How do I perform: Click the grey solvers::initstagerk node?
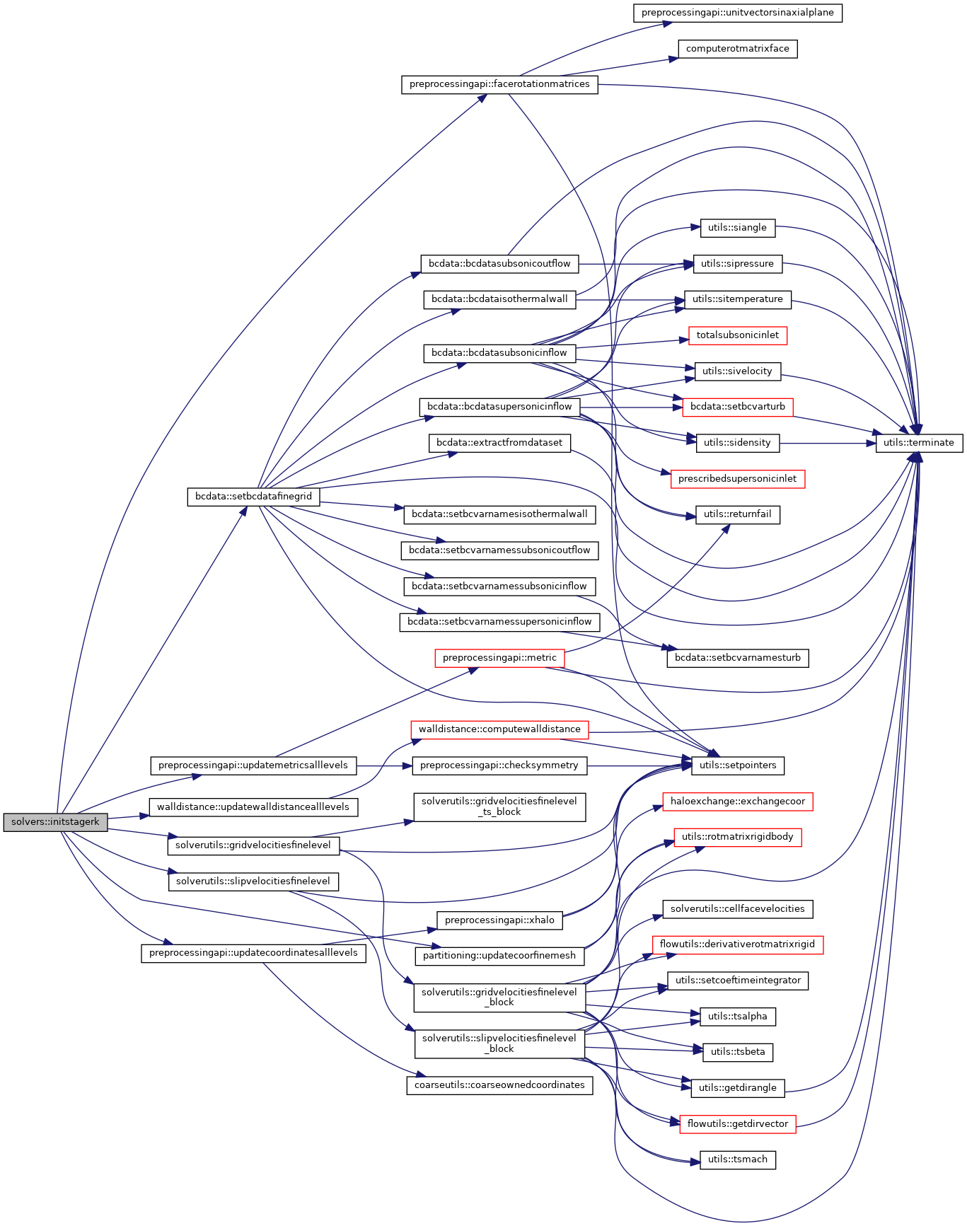[x=56, y=822]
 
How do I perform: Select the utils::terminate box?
[x=919, y=443]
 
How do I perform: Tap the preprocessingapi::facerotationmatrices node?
[x=499, y=84]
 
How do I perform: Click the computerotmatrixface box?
[x=737, y=49]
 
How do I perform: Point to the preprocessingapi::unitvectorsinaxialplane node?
[x=737, y=13]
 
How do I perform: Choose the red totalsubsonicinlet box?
[x=737, y=335]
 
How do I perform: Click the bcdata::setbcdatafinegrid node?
[x=253, y=497]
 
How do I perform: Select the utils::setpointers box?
[x=737, y=765]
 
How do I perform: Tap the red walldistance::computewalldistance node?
[x=499, y=729]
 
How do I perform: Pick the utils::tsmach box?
[x=737, y=1160]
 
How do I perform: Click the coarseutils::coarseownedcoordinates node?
[x=499, y=1085]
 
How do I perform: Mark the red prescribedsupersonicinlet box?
[x=737, y=479]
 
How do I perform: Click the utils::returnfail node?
[x=737, y=514]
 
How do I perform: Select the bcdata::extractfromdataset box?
[x=499, y=443]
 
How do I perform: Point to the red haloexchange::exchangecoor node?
[x=737, y=802]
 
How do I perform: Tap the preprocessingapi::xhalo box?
[x=499, y=920]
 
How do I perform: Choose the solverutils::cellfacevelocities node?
[x=737, y=908]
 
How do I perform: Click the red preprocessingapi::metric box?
[x=499, y=658]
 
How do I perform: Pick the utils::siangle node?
[x=737, y=228]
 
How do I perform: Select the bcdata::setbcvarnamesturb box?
[x=737, y=658]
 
